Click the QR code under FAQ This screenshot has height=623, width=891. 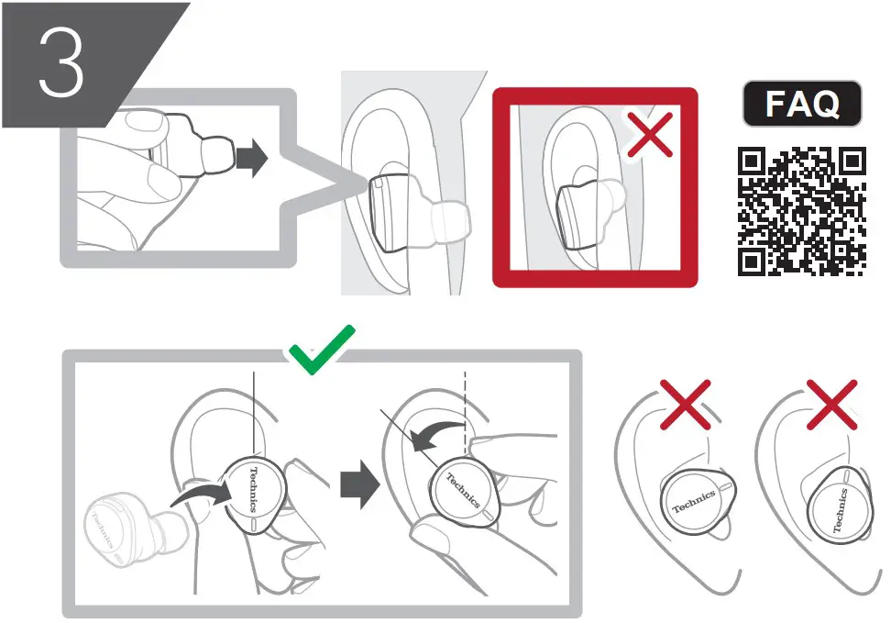click(802, 212)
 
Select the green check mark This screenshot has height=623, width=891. click(321, 350)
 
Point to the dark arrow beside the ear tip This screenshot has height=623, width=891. click(250, 159)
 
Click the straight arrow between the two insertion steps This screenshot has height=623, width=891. click(358, 484)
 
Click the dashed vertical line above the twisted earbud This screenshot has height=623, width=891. click(467, 404)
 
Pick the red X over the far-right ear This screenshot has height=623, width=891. click(831, 405)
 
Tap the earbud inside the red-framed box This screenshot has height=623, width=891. click(582, 218)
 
